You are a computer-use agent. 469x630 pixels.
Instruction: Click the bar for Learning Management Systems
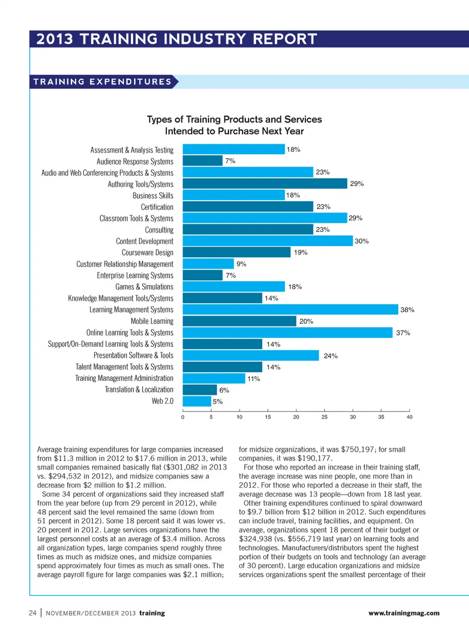[290, 310]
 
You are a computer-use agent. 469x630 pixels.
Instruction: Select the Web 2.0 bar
[197, 401]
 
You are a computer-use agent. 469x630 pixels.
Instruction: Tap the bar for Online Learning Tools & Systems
[287, 333]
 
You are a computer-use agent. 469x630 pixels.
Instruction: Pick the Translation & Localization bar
[200, 390]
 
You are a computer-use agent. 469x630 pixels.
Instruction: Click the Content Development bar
[268, 241]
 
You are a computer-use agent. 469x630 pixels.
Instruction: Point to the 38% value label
[407, 310]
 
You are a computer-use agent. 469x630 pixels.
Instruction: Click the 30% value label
[362, 241]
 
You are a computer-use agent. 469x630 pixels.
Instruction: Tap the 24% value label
[331, 356]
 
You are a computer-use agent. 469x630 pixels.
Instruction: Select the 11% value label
[254, 378]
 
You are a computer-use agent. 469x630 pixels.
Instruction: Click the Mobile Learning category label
[152, 321]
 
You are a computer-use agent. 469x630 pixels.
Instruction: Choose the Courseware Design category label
[148, 252]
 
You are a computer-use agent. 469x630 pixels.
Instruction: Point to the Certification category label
[157, 207]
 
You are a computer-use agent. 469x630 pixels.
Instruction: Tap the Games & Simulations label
[144, 287]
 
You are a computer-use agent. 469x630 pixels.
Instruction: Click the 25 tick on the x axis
[324, 417]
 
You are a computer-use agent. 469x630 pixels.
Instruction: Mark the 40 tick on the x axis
[409, 417]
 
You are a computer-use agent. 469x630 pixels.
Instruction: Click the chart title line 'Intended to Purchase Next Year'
[234, 131]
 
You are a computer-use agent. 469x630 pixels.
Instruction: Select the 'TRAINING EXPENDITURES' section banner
[103, 82]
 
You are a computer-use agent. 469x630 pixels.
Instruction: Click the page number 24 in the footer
[33, 613]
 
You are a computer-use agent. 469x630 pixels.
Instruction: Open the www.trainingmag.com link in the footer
[404, 613]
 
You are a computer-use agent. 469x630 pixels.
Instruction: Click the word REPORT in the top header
[285, 39]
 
